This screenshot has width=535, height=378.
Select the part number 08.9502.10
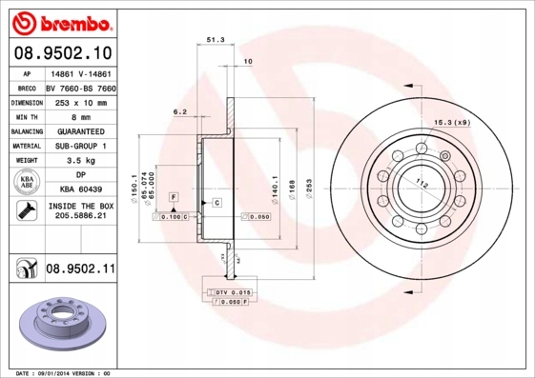[x=62, y=51]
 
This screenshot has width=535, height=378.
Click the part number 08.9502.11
[x=79, y=269]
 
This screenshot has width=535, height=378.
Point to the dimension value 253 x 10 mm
[x=80, y=100]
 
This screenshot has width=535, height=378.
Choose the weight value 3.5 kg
[x=80, y=161]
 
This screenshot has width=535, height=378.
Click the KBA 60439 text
[x=80, y=189]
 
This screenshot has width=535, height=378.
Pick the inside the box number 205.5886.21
[x=80, y=218]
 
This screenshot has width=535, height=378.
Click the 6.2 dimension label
[x=179, y=112]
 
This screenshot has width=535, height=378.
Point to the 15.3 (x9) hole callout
[x=452, y=123]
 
